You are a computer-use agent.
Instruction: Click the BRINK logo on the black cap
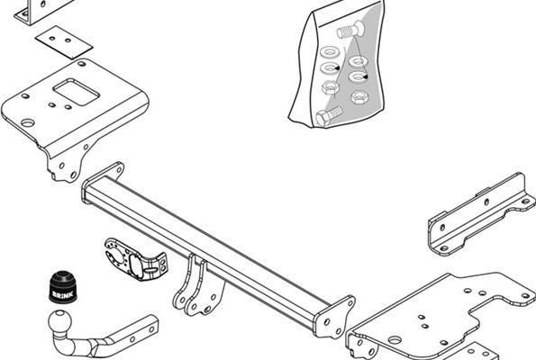pyautogui.click(x=62, y=293)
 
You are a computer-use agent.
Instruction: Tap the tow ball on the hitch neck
pyautogui.click(x=59, y=321)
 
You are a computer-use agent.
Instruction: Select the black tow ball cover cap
pyautogui.click(x=62, y=287)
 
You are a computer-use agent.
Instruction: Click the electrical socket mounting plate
pyautogui.click(x=136, y=260)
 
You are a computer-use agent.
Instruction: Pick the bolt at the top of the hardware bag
pyautogui.click(x=351, y=30)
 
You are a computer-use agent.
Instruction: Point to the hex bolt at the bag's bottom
pyautogui.click(x=329, y=116)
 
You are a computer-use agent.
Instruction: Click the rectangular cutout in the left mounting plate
pyautogui.click(x=76, y=92)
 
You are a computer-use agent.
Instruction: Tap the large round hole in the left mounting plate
pyautogui.click(x=28, y=122)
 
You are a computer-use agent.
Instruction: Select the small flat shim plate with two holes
pyautogui.click(x=64, y=42)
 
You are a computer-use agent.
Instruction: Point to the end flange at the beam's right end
pyautogui.click(x=334, y=317)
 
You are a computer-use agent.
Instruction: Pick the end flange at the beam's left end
pyautogui.click(x=101, y=181)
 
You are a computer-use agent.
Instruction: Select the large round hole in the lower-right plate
pyautogui.click(x=395, y=340)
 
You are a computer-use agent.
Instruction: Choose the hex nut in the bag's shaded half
pyautogui.click(x=359, y=97)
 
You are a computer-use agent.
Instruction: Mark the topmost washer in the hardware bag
pyautogui.click(x=329, y=53)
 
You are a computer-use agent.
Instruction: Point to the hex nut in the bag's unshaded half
pyautogui.click(x=330, y=88)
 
